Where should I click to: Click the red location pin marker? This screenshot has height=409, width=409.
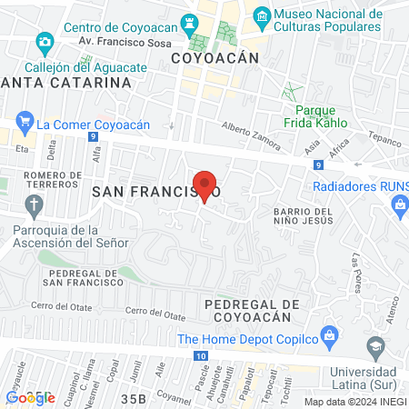click(205, 186)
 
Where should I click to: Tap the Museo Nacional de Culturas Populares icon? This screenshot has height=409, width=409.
click(262, 16)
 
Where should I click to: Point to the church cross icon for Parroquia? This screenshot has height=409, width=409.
click(35, 204)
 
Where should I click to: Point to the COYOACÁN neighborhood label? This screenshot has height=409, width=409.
click(215, 57)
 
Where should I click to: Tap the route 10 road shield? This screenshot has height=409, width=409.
click(199, 356)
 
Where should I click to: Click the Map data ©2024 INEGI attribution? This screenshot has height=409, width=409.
click(354, 402)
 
